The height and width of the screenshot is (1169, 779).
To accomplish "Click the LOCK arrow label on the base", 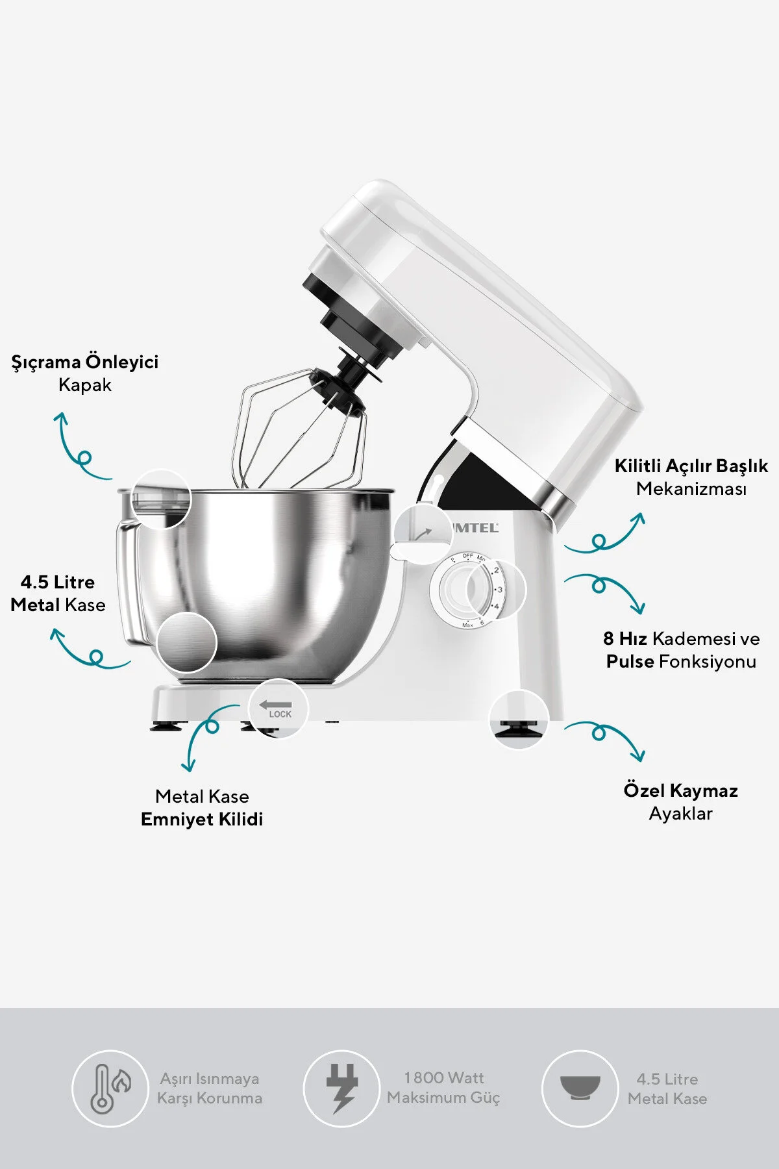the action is pos(278,709).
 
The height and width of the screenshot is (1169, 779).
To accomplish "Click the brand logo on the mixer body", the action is pos(475,528).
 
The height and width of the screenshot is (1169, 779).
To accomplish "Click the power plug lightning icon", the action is pos(341,1088).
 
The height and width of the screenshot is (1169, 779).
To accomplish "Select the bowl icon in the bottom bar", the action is pos(580,1088).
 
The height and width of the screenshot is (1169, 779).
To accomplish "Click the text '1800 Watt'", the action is pos(444,1078).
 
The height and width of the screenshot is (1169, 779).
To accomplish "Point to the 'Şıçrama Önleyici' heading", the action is pos(85,362).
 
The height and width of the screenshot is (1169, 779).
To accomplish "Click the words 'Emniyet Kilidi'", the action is pos(202,819).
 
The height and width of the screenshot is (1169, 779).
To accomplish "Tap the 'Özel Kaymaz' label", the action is pos(680,790).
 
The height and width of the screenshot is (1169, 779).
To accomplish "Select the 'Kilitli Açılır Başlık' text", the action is pos(691,466).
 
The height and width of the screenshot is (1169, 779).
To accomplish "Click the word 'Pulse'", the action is pos(630,661).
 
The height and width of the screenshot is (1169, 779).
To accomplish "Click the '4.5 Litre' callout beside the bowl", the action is pos(58,582).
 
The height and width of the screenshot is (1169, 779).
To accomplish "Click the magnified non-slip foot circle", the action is pos(518,720).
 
